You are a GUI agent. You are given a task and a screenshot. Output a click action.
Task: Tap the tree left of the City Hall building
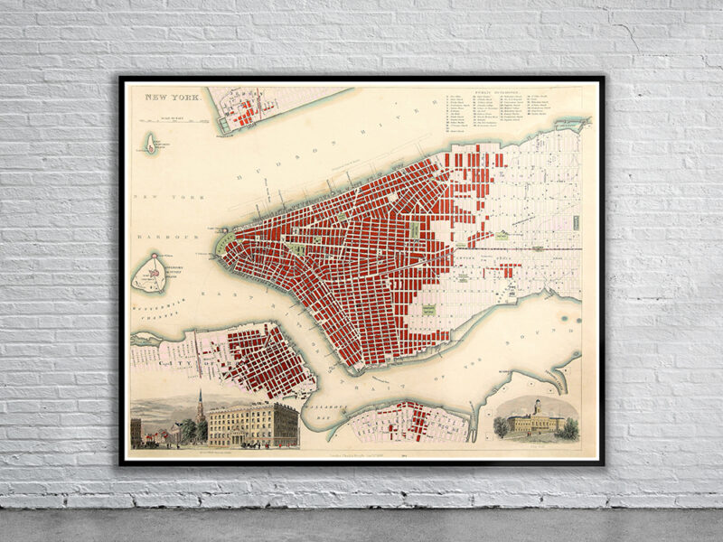(x=501, y=427)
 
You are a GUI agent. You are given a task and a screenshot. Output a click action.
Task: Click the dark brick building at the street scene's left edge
(x=136, y=431)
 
